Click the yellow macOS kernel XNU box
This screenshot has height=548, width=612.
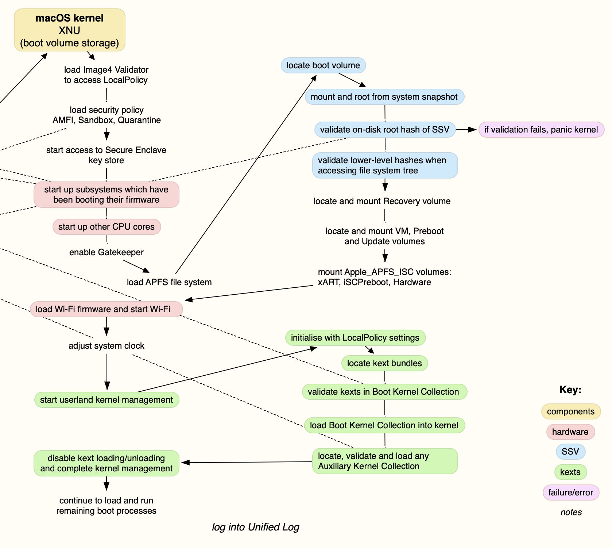(x=70, y=30)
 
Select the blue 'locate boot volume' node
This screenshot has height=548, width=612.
(x=323, y=65)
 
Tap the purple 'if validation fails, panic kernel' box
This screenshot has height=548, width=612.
(x=541, y=130)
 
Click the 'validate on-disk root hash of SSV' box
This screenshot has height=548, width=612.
(x=384, y=130)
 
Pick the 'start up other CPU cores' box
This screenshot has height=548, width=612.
(x=106, y=227)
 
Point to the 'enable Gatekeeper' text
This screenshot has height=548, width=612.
(x=106, y=252)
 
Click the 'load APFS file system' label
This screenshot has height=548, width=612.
(x=169, y=282)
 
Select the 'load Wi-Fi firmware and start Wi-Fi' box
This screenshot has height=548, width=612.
(x=106, y=309)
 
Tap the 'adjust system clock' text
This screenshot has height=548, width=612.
(x=106, y=346)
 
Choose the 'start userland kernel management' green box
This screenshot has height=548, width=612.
(x=106, y=400)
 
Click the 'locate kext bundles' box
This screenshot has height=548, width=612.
(x=384, y=363)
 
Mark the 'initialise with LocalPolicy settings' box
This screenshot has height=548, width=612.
(x=355, y=338)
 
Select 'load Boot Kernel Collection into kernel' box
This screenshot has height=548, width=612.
(x=384, y=425)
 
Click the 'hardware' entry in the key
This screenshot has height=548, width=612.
(x=570, y=432)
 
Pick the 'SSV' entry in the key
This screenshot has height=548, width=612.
(x=570, y=452)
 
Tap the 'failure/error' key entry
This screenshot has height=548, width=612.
(x=570, y=493)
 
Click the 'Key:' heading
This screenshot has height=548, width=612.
(x=570, y=390)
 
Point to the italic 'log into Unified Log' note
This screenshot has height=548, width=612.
(x=255, y=527)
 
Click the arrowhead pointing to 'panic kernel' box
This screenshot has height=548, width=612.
(x=473, y=130)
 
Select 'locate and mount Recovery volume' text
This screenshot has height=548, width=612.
(x=382, y=201)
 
